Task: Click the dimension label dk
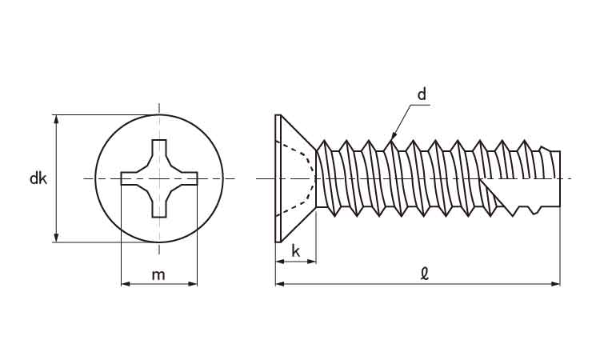[x=38, y=178]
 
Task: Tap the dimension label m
[x=158, y=274]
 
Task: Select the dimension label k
[x=295, y=251]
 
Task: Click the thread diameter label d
[x=422, y=94]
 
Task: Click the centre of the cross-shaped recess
[x=159, y=178]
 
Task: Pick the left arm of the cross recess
[x=130, y=178]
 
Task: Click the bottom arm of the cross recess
[x=159, y=206]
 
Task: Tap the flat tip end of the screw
[x=559, y=178]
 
